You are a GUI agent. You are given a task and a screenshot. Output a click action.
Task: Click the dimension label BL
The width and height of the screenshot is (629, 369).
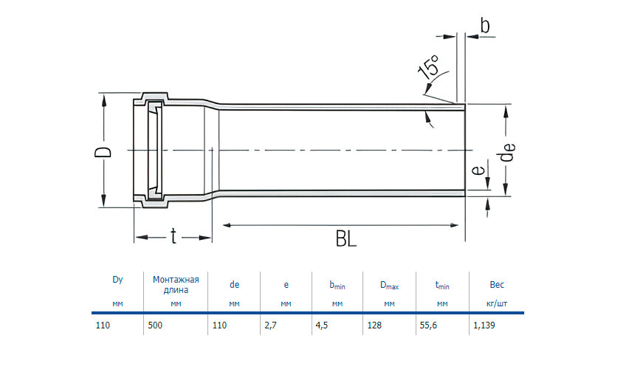pos(346,239)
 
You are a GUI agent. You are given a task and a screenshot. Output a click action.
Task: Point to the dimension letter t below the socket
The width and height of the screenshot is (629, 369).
pos(173,236)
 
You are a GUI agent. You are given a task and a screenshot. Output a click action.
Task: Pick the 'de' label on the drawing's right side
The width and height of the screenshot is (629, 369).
pos(509,152)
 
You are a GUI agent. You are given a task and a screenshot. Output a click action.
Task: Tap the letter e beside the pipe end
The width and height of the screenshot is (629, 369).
pos(478,171)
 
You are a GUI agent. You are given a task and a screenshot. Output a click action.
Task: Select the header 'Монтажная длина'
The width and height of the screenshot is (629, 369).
pos(176,284)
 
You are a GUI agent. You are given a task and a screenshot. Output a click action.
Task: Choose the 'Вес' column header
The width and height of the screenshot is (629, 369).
pos(497,283)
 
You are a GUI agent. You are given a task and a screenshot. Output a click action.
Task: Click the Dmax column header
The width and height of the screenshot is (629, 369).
pos(389,284)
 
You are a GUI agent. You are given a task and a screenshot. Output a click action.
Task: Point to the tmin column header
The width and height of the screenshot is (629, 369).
pos(442,284)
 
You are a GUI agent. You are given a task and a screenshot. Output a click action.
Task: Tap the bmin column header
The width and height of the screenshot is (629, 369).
pos(337,284)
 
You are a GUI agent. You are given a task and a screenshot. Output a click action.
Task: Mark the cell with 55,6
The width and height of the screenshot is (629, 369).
pos(428,325)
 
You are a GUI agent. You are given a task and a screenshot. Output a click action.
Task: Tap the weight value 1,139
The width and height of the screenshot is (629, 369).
pos(485,325)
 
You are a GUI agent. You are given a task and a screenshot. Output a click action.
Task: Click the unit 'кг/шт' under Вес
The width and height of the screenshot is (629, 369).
pos(497,303)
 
